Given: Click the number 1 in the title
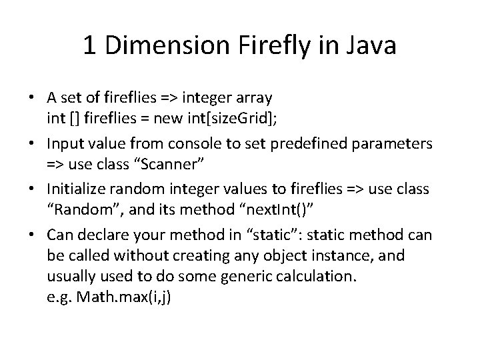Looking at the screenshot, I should pos(89,46).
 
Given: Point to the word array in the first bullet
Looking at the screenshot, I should pos(254,98).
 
